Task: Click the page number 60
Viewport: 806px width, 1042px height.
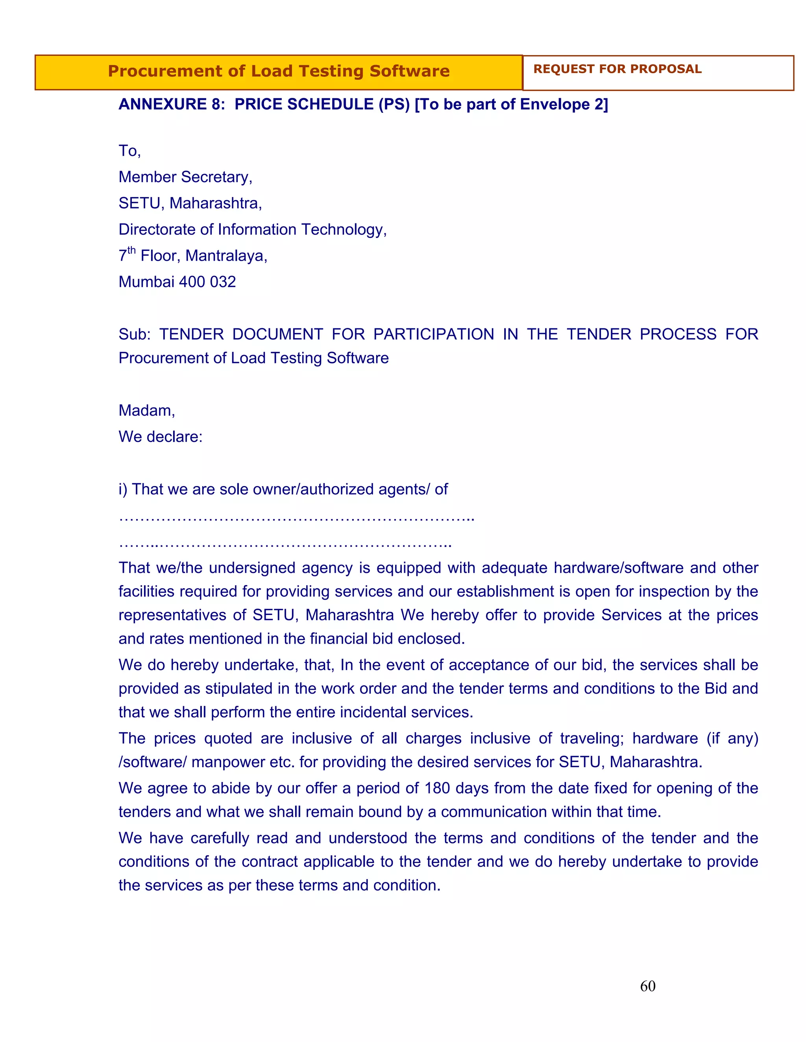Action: [647, 986]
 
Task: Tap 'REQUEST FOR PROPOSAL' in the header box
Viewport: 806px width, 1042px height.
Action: [617, 69]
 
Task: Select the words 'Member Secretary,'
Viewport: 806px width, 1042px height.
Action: [185, 177]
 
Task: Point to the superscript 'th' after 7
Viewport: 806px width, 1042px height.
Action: [131, 250]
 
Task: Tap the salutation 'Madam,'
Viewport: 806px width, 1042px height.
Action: [146, 410]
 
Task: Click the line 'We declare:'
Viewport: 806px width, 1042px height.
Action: [161, 436]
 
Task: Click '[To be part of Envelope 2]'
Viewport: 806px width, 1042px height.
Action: [511, 104]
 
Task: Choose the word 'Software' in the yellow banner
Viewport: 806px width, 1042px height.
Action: [409, 71]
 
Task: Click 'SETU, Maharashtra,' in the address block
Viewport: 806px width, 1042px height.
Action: [190, 203]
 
